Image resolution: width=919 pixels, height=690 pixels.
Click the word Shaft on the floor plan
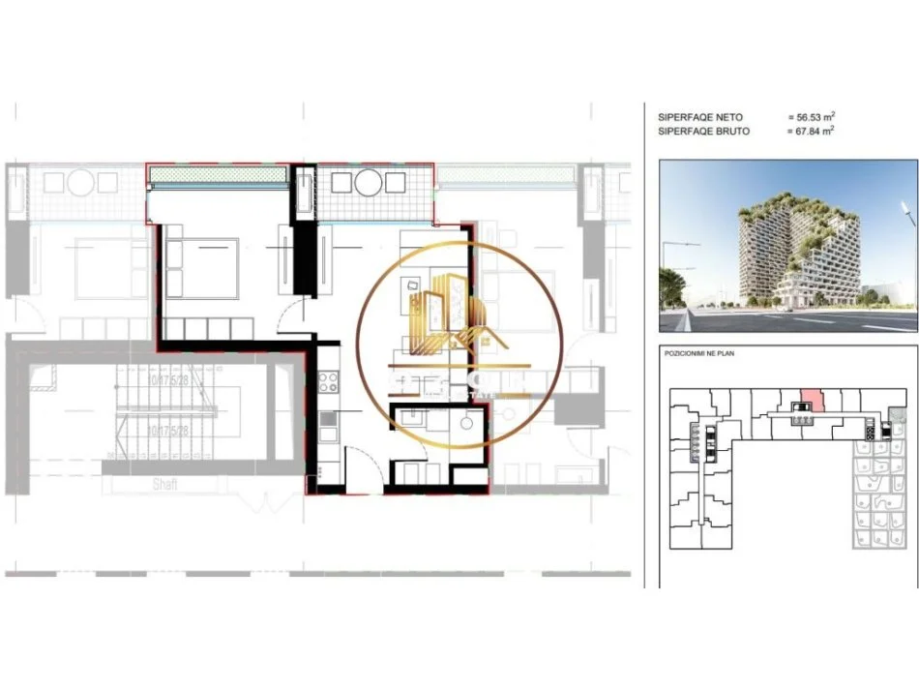click(163, 484)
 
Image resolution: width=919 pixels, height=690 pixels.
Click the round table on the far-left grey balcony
click(82, 182)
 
